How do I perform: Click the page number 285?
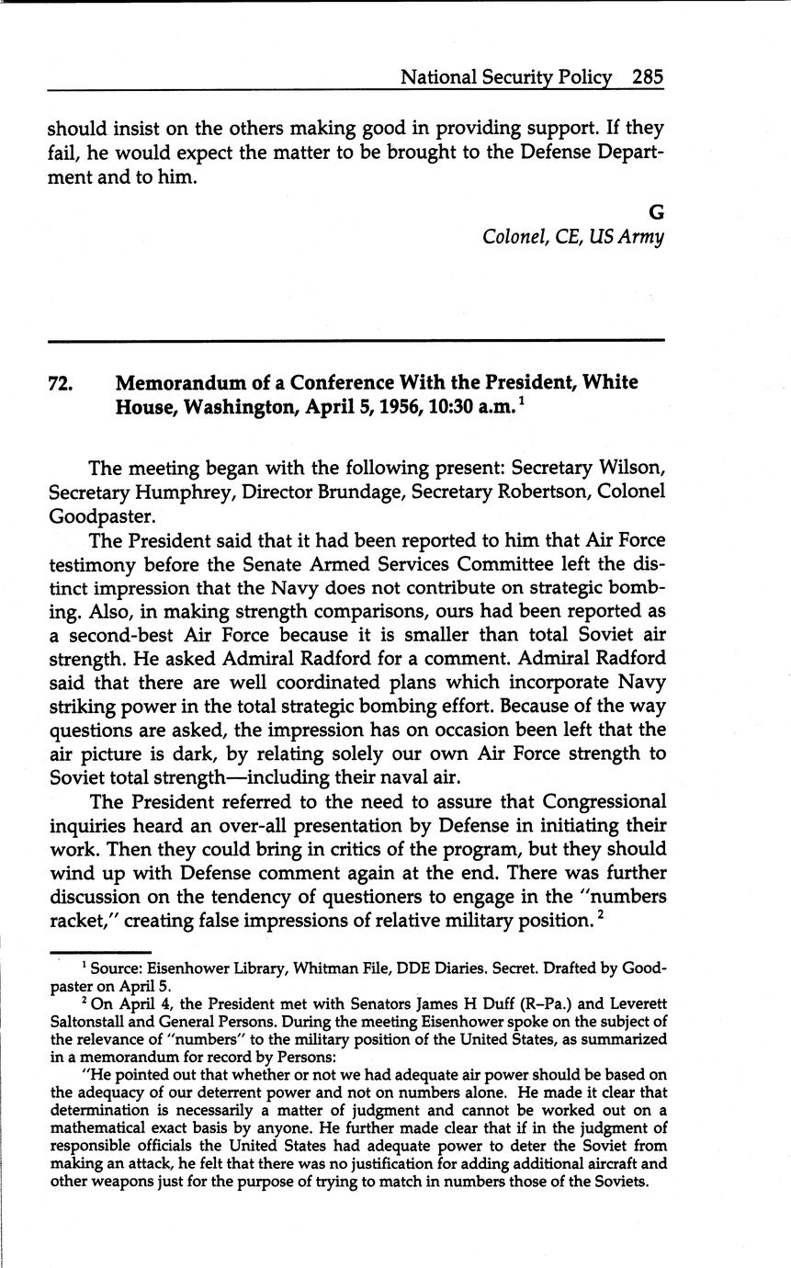coord(647,77)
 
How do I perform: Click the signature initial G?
coord(656,213)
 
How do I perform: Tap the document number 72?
coord(60,383)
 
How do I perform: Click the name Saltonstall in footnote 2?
coord(92,1021)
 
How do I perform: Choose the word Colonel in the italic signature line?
coord(514,238)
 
